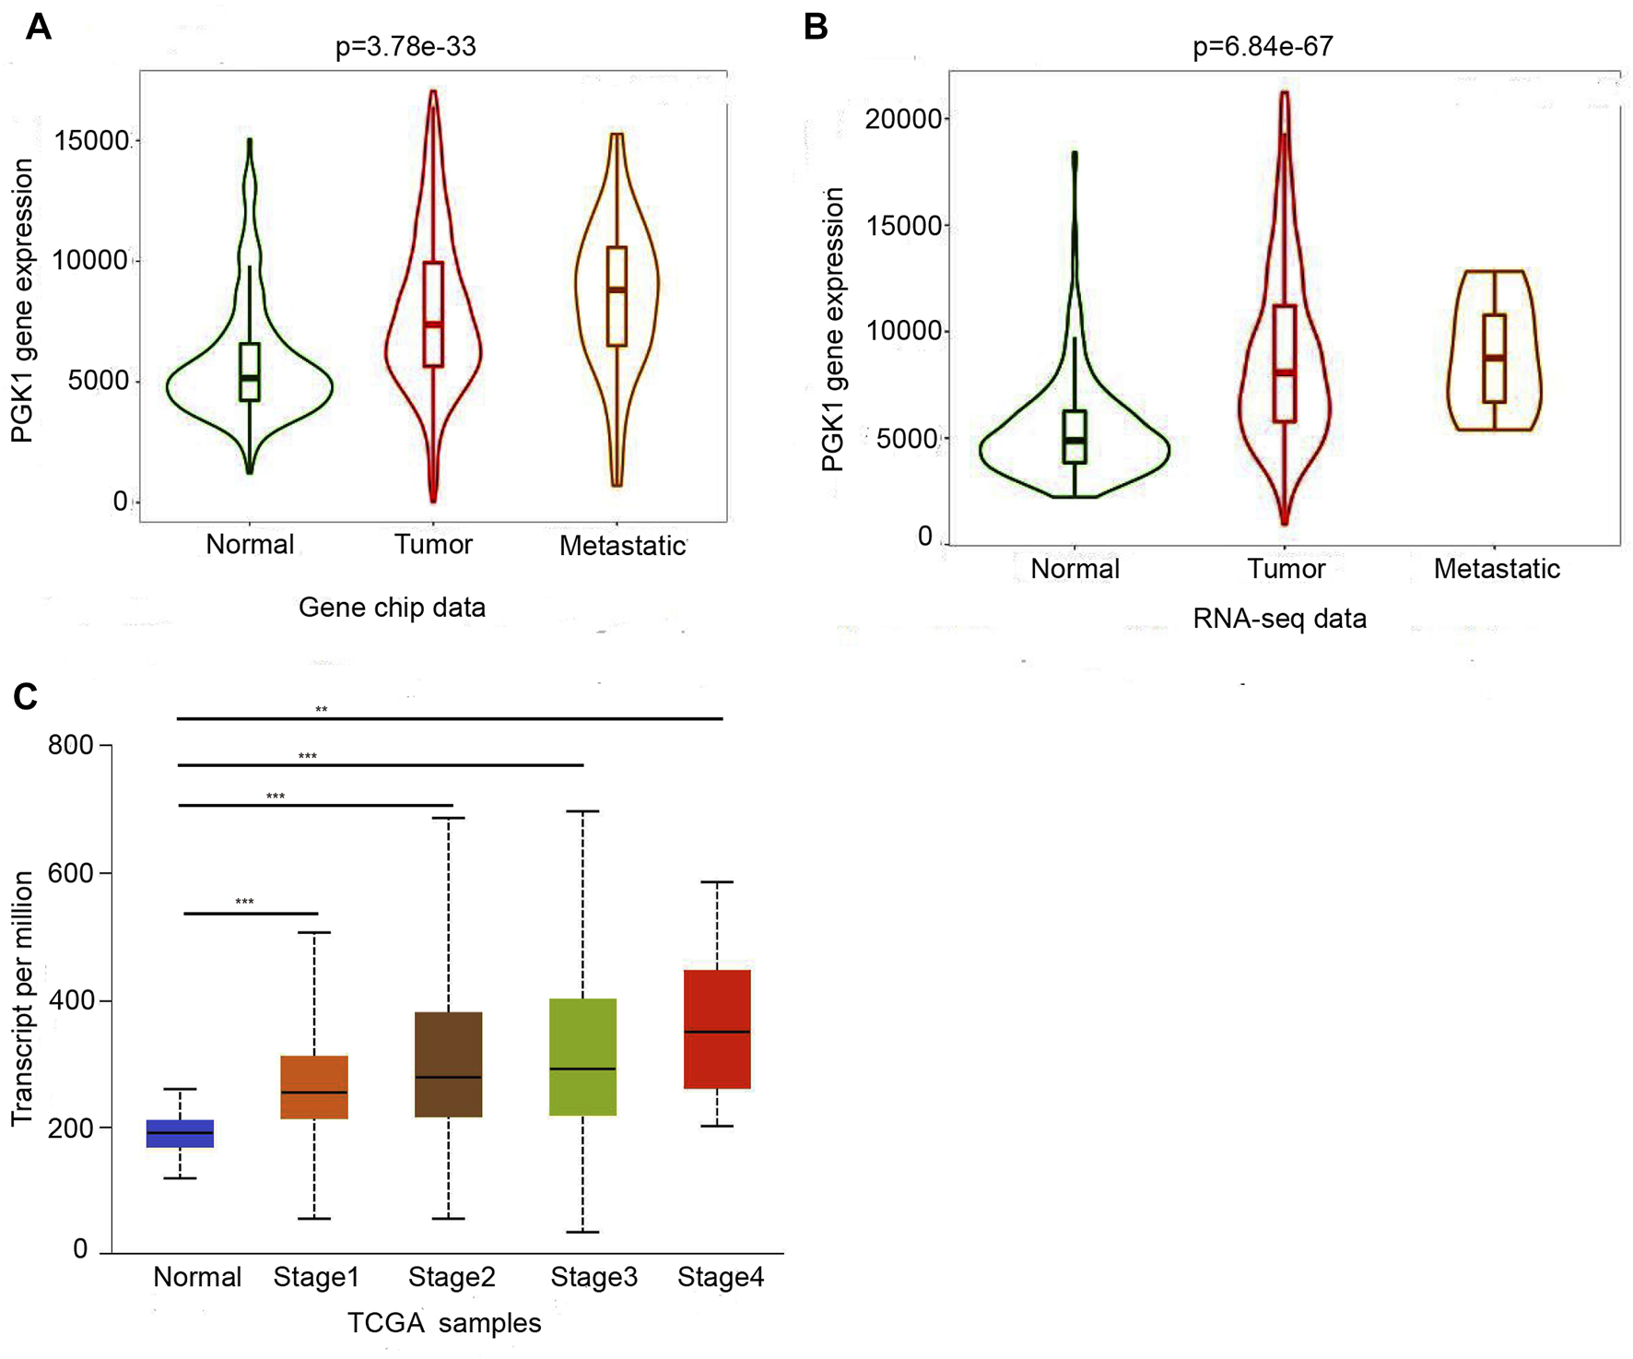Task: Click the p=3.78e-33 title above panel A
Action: coord(405,46)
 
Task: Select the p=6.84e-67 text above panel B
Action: coord(1263,46)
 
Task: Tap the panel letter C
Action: coord(25,696)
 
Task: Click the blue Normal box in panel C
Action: coord(181,1133)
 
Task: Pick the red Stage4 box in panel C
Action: coord(717,1029)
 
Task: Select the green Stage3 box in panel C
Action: coord(582,1057)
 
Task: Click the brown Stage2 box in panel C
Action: coord(449,1064)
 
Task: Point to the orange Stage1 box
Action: coord(314,1087)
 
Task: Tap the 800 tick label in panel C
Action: coord(71,745)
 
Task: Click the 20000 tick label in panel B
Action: coord(902,119)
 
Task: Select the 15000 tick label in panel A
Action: coord(92,141)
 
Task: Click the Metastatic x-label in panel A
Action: coord(622,546)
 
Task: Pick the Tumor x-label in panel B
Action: coord(1286,569)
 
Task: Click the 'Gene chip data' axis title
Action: coord(392,608)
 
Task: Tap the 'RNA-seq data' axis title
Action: coord(1279,619)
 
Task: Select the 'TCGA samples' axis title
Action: coord(444,1323)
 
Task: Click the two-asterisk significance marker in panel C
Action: coord(322,709)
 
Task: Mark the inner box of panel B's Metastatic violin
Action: coord(1494,358)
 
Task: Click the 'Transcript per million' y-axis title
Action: coord(22,999)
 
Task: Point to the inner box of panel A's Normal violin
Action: coord(250,372)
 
